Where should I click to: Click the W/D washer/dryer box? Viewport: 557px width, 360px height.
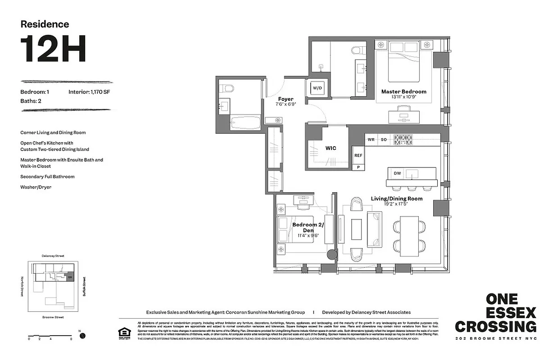317,88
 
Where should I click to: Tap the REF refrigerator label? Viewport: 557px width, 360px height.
358,155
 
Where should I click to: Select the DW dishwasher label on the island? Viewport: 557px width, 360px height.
397,173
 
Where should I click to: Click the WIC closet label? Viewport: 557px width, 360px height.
331,148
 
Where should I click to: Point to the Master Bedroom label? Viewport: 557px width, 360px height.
403,92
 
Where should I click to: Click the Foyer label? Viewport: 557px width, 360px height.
285,99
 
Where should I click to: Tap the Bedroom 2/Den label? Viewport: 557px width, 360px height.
303,227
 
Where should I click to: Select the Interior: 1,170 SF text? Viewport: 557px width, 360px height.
89,92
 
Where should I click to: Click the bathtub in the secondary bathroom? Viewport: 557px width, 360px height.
245,121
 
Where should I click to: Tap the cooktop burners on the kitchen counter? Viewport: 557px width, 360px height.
403,139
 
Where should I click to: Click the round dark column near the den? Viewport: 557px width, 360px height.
331,255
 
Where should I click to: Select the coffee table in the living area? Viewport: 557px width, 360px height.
356,229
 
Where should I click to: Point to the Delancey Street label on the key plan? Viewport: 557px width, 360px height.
53,256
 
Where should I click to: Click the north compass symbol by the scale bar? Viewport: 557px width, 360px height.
82,336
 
